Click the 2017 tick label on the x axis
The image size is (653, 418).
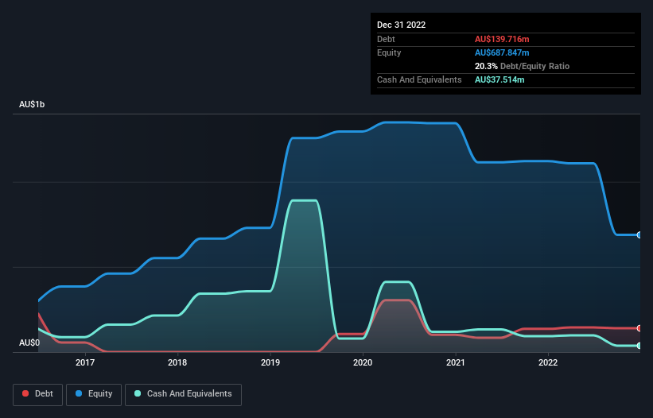(85, 362)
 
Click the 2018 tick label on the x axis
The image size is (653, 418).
(177, 362)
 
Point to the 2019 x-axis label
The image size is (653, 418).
(270, 362)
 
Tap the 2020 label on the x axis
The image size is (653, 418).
(363, 362)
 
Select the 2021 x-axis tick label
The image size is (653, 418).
(456, 362)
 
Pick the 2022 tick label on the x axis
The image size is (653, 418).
(548, 362)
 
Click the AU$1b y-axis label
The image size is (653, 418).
(33, 105)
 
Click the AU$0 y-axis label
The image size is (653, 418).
(29, 343)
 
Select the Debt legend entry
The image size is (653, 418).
(37, 393)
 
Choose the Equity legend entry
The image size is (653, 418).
(94, 393)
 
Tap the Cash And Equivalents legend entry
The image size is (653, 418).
(183, 393)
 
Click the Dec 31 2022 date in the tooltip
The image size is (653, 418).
(402, 25)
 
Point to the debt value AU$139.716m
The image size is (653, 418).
(502, 39)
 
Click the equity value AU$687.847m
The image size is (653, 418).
(502, 52)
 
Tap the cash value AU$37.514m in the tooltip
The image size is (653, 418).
(499, 79)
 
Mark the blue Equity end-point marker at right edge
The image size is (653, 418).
(639, 235)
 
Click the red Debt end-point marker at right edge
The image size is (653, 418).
(639, 328)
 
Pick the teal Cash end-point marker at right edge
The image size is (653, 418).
(639, 346)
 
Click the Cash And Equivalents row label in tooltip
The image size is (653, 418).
(419, 79)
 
